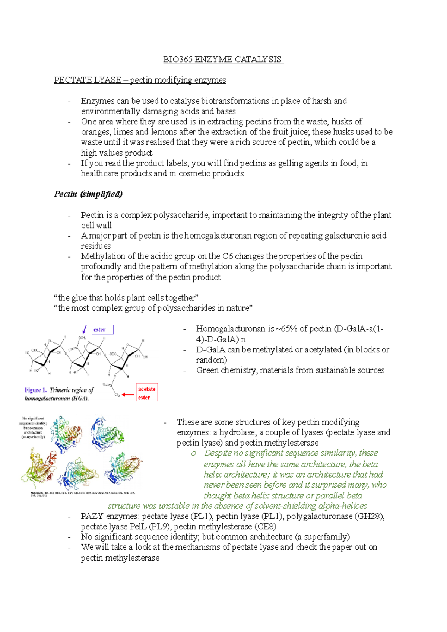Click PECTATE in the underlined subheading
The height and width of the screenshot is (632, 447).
tap(69, 80)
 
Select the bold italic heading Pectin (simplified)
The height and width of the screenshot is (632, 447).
tap(88, 194)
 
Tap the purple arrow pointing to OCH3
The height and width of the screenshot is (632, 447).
tap(85, 329)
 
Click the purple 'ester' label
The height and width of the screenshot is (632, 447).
tap(99, 330)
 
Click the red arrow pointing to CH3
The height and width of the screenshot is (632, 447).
tap(128, 395)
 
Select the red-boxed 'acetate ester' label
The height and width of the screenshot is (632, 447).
tap(147, 393)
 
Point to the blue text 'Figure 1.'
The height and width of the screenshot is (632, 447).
tap(36, 390)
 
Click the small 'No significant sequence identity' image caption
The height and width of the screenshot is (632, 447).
tap(34, 428)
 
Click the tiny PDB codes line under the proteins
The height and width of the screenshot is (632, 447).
tap(82, 494)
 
